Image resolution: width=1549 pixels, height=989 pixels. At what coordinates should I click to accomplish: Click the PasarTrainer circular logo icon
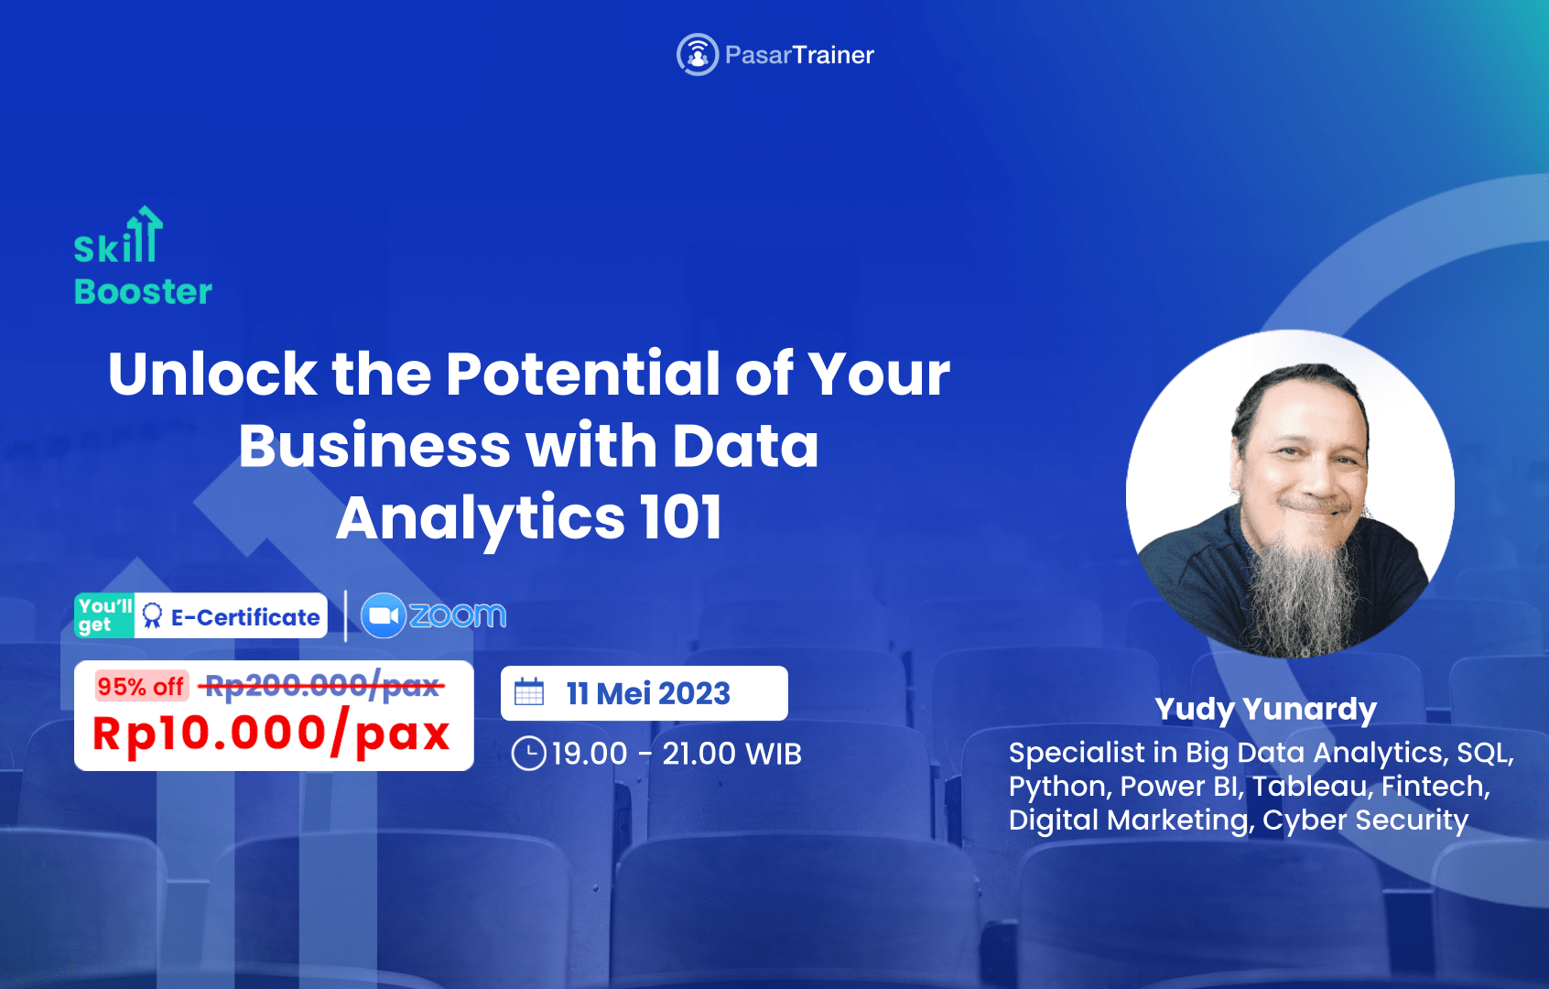tap(697, 55)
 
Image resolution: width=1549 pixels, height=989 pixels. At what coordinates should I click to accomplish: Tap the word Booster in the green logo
tap(143, 292)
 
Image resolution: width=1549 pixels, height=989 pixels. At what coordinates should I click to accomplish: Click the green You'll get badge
tap(104, 615)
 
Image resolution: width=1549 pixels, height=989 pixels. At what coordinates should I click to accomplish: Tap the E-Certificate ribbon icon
tap(153, 616)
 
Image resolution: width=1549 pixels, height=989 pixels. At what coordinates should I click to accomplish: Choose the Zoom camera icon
tap(383, 616)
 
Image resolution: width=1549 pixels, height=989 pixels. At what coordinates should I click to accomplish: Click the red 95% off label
tap(141, 686)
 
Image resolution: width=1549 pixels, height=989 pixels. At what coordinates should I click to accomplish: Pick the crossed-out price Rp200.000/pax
tap(322, 685)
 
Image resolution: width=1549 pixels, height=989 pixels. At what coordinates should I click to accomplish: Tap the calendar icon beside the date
tap(529, 692)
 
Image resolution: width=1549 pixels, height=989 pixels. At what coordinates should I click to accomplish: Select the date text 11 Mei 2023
tap(648, 693)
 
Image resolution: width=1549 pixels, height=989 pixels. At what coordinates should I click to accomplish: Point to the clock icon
tap(528, 754)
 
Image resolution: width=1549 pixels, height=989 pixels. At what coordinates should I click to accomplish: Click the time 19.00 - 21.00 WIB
tap(677, 754)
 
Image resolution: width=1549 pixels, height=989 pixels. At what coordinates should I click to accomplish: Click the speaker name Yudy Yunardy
tap(1265, 709)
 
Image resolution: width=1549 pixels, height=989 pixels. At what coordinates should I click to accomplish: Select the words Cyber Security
tap(1365, 821)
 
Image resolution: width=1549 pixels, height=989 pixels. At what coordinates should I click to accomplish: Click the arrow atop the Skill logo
tap(146, 220)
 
